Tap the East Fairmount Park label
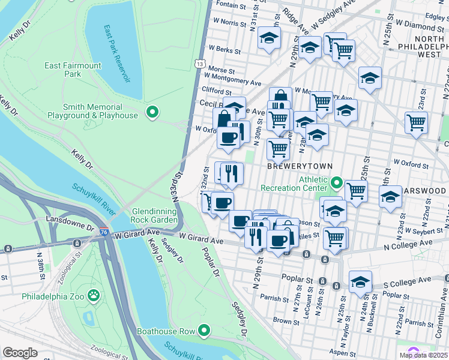64,70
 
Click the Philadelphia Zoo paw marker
94,295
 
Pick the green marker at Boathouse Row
204,329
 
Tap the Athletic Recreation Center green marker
337,182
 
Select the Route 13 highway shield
200,63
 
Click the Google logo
20,353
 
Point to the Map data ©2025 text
423,355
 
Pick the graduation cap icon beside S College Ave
360,281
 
